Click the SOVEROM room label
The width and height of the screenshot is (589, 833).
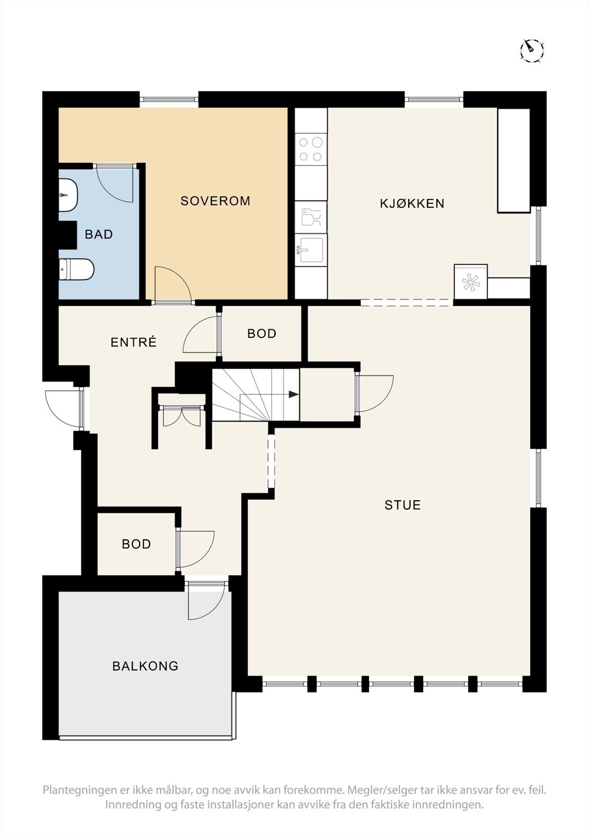[215, 201]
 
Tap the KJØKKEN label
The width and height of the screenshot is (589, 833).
[412, 204]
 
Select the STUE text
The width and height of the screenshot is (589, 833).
[403, 505]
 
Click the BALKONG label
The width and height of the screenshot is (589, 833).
[145, 666]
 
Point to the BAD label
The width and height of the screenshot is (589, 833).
[99, 234]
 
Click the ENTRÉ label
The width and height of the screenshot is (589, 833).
[134, 342]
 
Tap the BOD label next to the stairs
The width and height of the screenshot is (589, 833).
[261, 334]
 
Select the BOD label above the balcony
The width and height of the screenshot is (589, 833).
[136, 544]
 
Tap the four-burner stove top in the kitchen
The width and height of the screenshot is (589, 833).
[311, 149]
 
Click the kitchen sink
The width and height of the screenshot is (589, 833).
[311, 250]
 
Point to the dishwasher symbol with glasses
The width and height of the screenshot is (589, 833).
[311, 217]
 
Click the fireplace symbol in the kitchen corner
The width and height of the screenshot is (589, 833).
[470, 282]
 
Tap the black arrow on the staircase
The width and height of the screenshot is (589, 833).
[293, 395]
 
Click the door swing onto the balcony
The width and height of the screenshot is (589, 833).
[206, 601]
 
